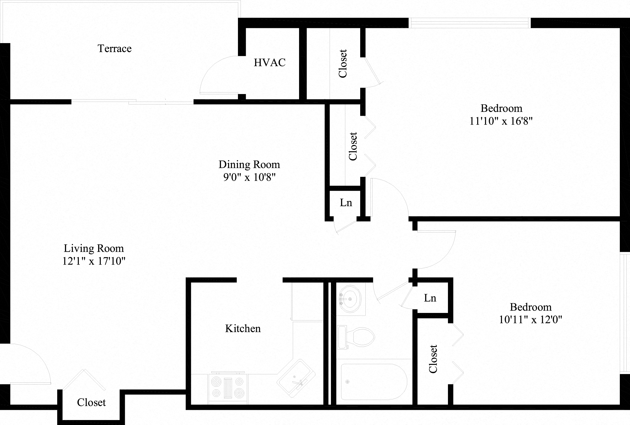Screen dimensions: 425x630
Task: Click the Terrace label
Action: (114, 49)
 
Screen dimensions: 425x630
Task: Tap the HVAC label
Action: (269, 63)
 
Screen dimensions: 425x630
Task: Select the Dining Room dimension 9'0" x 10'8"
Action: (249, 177)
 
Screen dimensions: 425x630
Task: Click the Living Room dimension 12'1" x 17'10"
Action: (94, 261)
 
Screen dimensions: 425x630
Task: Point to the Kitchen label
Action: (243, 329)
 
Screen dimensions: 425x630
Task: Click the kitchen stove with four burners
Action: (227, 388)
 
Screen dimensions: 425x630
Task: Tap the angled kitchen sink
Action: (296, 379)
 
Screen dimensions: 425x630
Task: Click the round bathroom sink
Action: (350, 299)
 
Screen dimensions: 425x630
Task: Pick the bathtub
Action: (374, 382)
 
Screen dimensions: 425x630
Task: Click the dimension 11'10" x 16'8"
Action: (501, 121)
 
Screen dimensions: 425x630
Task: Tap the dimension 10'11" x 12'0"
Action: (530, 319)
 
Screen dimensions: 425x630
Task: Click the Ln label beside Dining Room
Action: (346, 203)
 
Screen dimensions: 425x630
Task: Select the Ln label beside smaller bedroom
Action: (430, 298)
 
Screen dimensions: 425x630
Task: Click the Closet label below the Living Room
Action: (91, 403)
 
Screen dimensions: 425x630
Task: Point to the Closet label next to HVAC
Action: (343, 64)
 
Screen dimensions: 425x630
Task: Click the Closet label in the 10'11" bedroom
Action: (433, 359)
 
